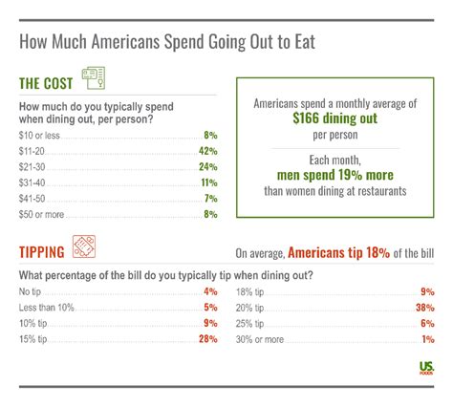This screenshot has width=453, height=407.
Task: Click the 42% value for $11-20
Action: [x=209, y=151]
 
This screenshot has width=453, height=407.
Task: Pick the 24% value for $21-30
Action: [x=209, y=168]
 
